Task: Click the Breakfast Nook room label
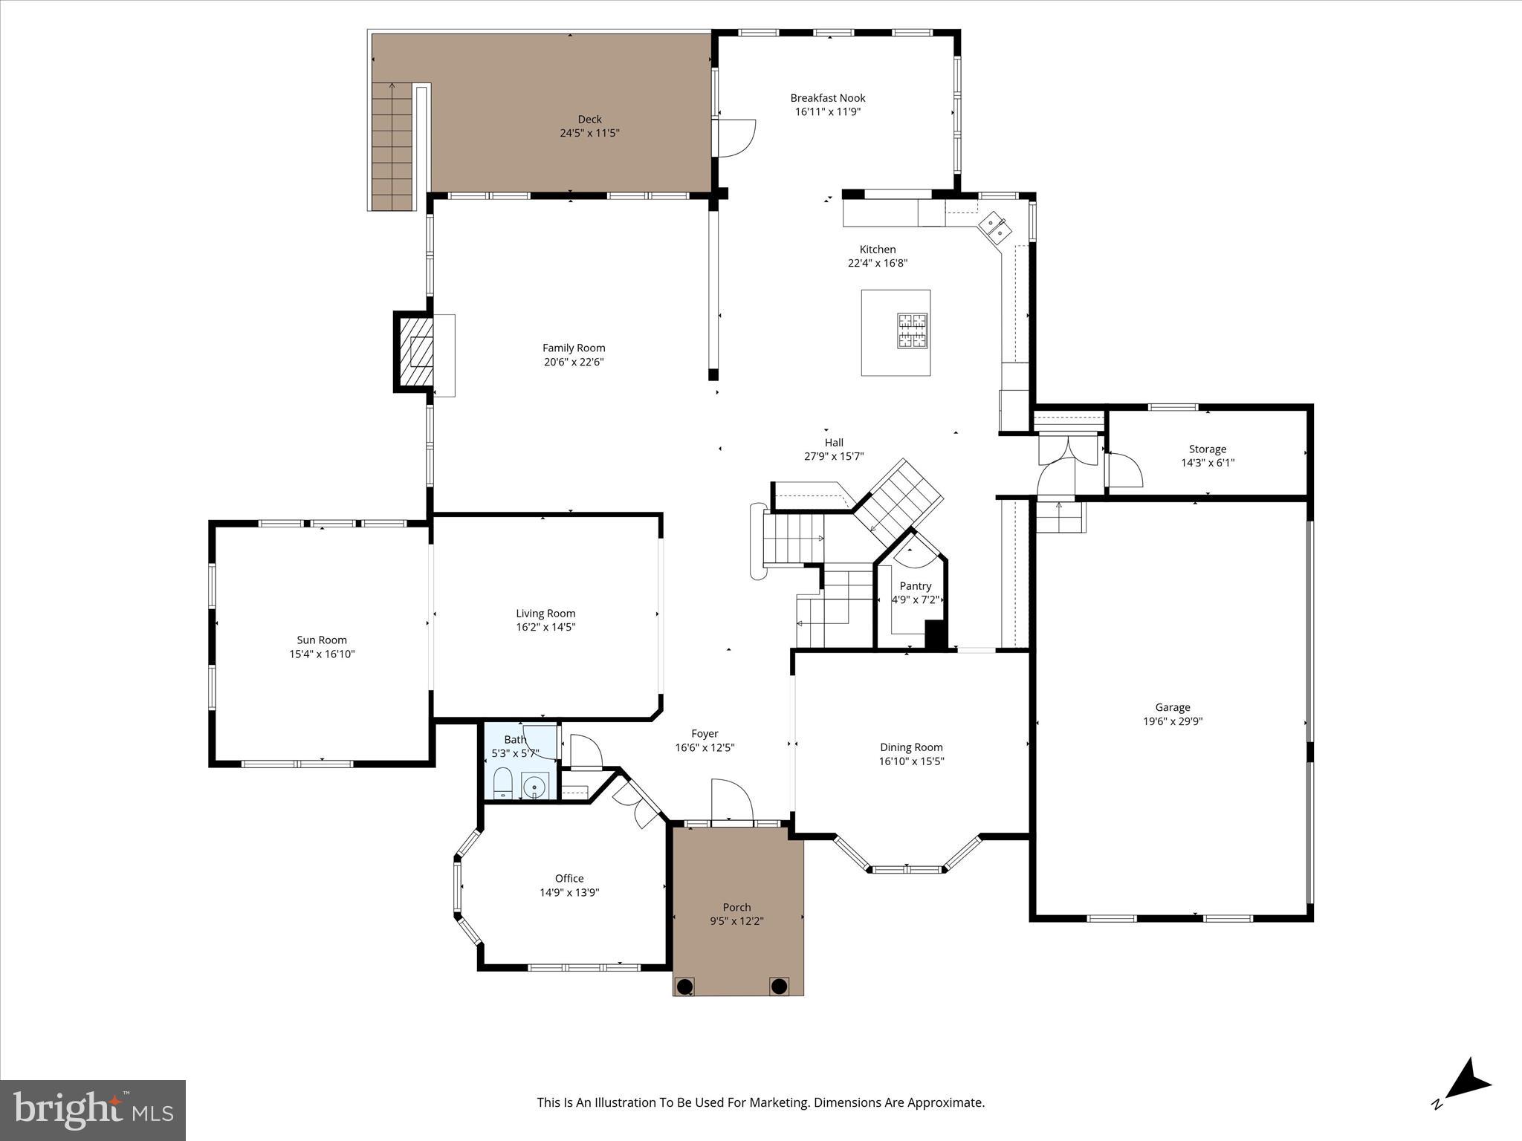tap(827, 98)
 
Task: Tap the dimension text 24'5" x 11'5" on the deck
tap(589, 133)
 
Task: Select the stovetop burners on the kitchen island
tap(912, 331)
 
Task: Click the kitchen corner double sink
tap(995, 227)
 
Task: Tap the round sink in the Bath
tap(534, 786)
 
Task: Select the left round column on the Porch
tap(684, 986)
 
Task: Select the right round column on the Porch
tap(778, 986)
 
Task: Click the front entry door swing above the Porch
tap(731, 801)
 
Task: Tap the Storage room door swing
tap(1124, 469)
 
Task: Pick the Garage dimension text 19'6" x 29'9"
tap(1172, 721)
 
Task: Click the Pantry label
tap(915, 586)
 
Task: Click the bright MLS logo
tap(93, 1110)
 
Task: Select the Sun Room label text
tap(322, 640)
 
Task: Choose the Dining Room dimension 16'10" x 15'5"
tap(911, 761)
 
